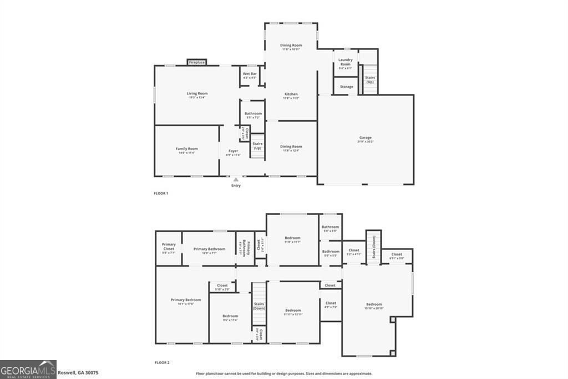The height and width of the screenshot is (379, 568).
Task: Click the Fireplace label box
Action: pos(197,62)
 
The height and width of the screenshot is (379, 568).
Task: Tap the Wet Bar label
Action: pos(250,76)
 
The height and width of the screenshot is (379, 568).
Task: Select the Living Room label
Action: pos(197,95)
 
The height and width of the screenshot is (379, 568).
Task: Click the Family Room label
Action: pos(187,151)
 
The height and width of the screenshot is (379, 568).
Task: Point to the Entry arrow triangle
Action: pos(236,179)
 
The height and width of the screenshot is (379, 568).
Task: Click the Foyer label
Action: pos(233,152)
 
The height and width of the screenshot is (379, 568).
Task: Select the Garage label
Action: pos(366,139)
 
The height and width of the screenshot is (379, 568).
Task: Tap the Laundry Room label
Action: pos(345,63)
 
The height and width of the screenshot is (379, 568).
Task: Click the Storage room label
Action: pos(346,87)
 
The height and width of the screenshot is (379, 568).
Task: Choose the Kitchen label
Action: pos(291,96)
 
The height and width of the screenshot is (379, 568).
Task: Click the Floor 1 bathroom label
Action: pos(253,115)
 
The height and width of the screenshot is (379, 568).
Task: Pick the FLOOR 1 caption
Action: pos(161,193)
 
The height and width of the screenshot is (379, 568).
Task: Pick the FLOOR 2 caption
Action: pos(162,362)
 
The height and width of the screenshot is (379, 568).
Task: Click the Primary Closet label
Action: pos(169,248)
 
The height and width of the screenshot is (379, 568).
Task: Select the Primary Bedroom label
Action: pos(186,301)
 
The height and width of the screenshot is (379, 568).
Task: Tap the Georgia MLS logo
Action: pos(28,369)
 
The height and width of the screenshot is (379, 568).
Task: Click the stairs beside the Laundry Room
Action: pos(370,79)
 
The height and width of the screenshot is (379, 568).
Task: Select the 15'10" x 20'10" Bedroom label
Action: pos(374,306)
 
